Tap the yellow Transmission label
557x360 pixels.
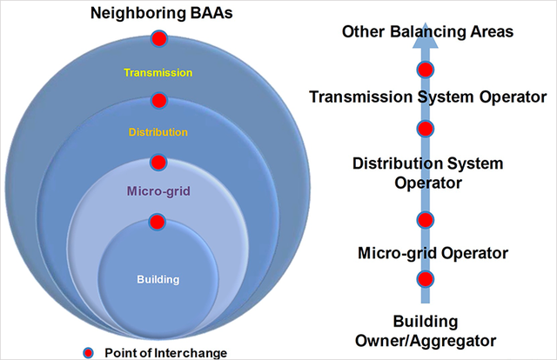click(158, 73)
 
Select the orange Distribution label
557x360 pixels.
click(158, 132)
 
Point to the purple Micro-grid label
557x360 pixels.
click(158, 190)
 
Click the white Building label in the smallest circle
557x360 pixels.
click(158, 279)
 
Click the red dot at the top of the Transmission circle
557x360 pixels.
click(158, 38)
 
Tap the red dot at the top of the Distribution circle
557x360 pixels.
click(158, 100)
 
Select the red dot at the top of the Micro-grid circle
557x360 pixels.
click(158, 162)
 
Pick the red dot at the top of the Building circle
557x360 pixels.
click(158, 222)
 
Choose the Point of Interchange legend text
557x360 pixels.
click(165, 351)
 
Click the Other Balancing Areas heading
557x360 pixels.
click(427, 32)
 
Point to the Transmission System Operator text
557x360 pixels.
click(427, 96)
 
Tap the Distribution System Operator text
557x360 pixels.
click(427, 172)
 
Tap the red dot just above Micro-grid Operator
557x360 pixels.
click(426, 219)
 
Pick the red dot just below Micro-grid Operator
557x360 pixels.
click(426, 279)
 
